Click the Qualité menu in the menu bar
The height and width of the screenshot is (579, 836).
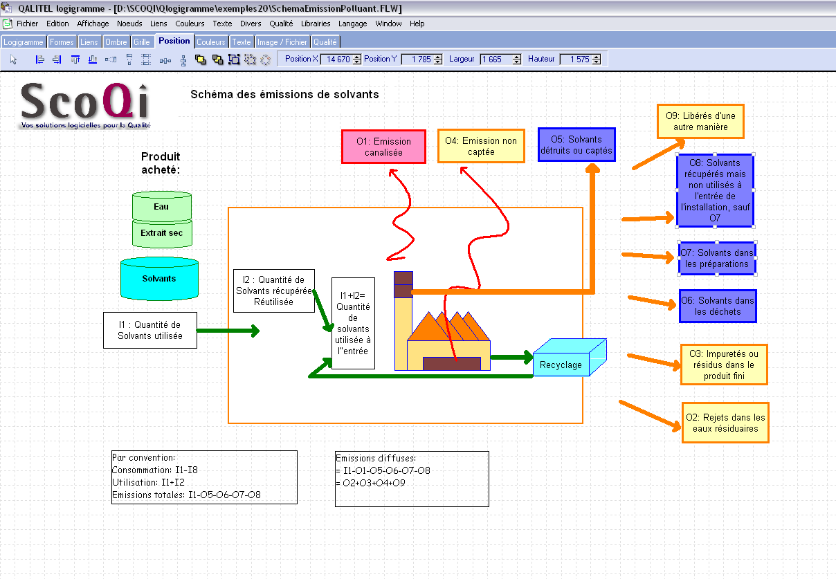281,24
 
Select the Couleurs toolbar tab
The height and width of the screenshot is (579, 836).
211,42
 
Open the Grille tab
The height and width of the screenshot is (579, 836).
142,42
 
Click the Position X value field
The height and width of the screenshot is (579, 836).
338,59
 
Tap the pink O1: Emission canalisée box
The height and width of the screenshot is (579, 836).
383,147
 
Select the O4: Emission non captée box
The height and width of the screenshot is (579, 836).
481,146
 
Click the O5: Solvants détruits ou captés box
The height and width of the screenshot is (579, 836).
576,145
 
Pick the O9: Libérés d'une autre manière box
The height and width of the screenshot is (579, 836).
700,121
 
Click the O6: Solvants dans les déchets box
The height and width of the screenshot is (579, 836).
718,306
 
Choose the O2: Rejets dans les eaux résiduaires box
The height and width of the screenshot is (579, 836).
725,423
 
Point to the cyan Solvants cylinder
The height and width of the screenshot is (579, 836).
159,278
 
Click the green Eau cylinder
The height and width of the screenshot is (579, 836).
162,206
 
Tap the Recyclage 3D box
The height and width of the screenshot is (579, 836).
569,358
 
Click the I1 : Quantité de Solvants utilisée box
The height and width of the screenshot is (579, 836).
150,330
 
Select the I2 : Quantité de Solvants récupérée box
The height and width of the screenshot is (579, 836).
274,291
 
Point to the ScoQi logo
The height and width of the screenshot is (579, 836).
86,106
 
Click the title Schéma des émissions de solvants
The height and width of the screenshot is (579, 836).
284,94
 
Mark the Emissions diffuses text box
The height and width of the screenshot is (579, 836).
412,479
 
